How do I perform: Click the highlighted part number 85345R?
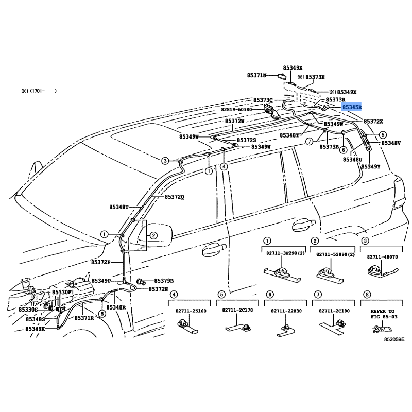coord(352,107)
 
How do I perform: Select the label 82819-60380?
coord(236,109)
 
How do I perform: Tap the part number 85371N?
coord(256,75)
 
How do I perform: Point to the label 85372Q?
coord(175,197)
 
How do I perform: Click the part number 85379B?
coord(164,281)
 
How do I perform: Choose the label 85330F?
coord(61,292)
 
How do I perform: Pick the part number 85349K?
coord(35,329)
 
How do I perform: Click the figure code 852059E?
coord(394,339)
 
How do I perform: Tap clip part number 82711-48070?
coord(382,256)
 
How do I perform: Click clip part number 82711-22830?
coord(286,311)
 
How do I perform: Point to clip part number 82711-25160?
coord(191,311)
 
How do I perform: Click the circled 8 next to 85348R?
coord(102,314)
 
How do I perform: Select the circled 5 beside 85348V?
coord(383,135)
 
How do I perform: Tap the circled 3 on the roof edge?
coord(165,161)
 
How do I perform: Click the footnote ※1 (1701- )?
coord(39,91)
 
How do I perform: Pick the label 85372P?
coord(100,262)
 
